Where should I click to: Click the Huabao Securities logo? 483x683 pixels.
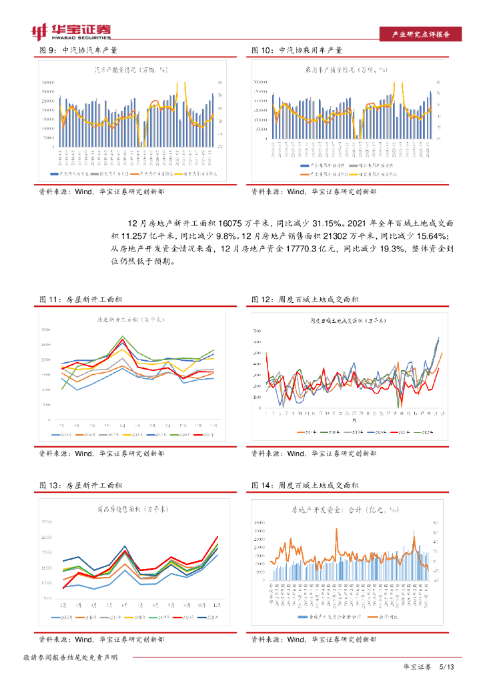(71, 30)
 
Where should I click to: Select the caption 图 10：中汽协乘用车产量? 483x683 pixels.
(297, 50)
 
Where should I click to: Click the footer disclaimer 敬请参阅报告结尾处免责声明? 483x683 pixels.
(71, 658)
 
